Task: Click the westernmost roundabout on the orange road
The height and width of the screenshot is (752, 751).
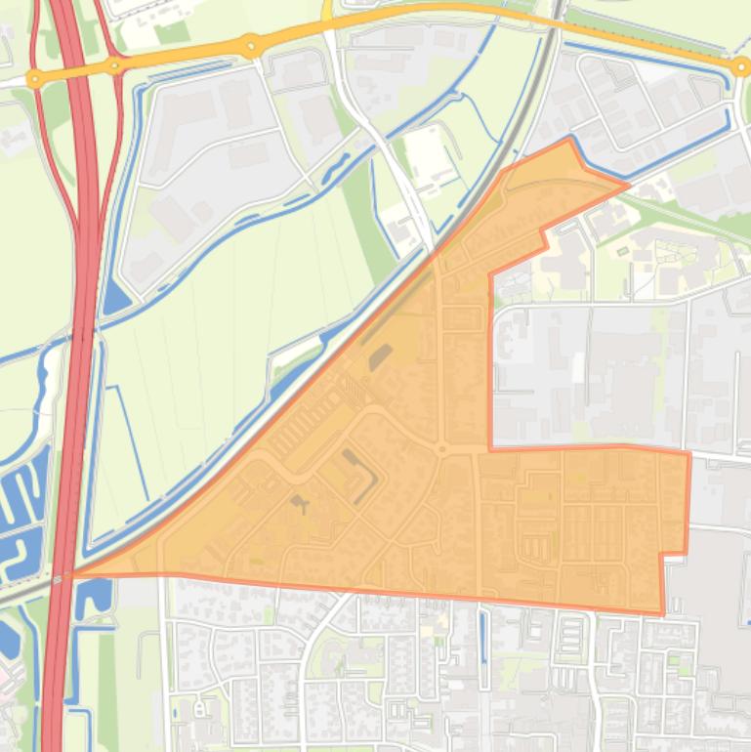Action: tap(35, 78)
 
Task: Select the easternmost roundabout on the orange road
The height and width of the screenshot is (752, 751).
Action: tap(740, 65)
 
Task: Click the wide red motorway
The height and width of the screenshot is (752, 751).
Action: tap(82, 293)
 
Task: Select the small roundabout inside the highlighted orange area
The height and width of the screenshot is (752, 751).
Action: tap(441, 449)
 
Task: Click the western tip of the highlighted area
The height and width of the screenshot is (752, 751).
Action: tap(74, 574)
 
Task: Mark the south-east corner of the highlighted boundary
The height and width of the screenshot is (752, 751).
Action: tap(663, 614)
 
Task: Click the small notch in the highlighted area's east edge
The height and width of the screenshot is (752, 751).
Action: tap(673, 555)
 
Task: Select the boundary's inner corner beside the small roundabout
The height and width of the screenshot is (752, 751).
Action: tap(489, 449)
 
